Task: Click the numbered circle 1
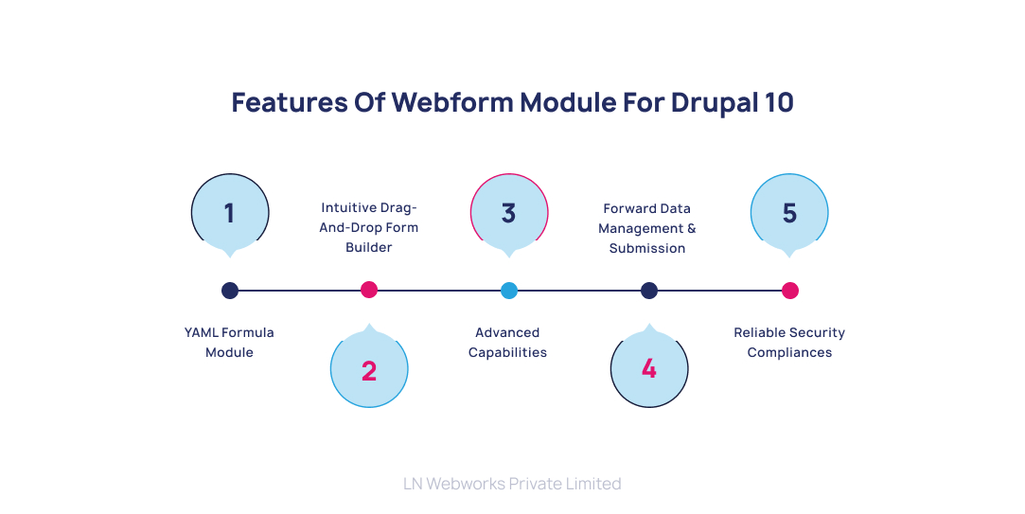230,213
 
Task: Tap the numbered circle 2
369,369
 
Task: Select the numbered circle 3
509,213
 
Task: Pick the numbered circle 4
649,369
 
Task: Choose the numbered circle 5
789,213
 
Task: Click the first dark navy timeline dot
230,291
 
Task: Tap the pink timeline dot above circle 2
369,291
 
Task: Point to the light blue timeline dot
509,291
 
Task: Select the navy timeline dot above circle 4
649,291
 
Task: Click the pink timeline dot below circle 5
790,291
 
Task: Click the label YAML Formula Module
230,343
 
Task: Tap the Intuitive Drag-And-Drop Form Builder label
369,227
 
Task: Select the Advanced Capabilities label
508,343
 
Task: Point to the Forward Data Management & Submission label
647,228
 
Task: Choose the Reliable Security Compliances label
789,343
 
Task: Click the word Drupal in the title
713,102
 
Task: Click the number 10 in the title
778,102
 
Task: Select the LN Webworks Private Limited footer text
512,484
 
